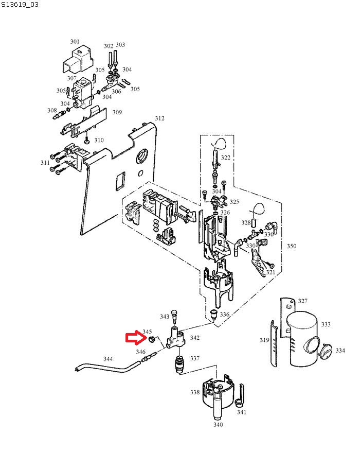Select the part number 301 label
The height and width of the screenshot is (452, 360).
pyautogui.click(x=75, y=42)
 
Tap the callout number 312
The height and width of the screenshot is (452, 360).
pyautogui.click(x=159, y=118)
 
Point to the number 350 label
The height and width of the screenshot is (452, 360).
pyautogui.click(x=291, y=246)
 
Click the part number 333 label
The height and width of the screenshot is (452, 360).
pyautogui.click(x=326, y=324)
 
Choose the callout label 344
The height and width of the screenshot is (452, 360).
pyautogui.click(x=108, y=359)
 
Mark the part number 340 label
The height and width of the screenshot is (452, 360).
pyautogui.click(x=218, y=425)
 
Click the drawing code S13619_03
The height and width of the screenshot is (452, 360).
pyautogui.click(x=20, y=5)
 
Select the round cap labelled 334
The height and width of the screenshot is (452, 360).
pyautogui.click(x=325, y=352)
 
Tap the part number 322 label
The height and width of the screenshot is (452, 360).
pyautogui.click(x=226, y=157)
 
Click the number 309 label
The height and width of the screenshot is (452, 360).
pyautogui.click(x=117, y=112)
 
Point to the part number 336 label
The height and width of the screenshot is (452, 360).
pyautogui.click(x=224, y=314)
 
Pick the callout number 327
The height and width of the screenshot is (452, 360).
pyautogui.click(x=303, y=301)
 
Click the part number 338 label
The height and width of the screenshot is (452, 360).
pyautogui.click(x=194, y=392)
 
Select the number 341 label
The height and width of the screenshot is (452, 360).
pyautogui.click(x=241, y=412)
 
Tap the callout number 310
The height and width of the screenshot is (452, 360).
pyautogui.click(x=99, y=140)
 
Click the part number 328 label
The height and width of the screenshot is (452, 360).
pyautogui.click(x=246, y=223)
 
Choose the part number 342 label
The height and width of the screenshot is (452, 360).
pyautogui.click(x=195, y=338)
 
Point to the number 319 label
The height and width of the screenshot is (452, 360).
pyautogui.click(x=264, y=340)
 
